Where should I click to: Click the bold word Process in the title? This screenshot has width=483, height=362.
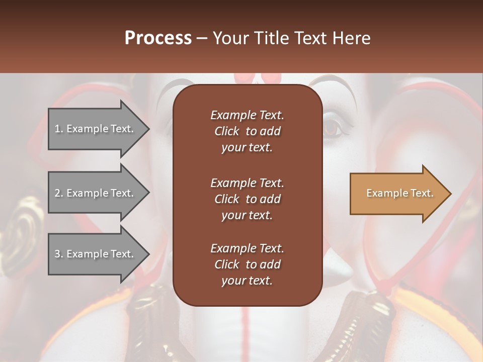point(158,38)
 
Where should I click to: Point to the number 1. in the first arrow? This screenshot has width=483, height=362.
point(59,129)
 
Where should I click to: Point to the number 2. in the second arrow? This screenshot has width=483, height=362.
point(59,193)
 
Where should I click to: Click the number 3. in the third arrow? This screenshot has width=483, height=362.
point(59,254)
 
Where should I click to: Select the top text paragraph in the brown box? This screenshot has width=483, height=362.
point(247,131)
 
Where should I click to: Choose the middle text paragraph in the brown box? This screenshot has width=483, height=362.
point(247,199)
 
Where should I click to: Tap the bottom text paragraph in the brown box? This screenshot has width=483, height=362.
point(247,264)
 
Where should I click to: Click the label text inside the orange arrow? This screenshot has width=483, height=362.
point(399,193)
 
